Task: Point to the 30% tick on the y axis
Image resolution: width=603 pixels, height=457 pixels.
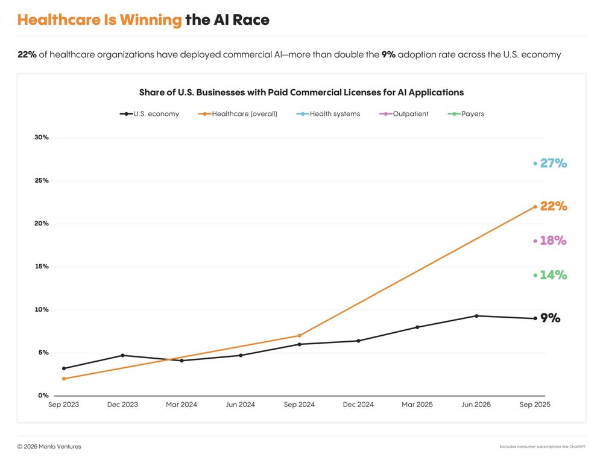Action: tap(42, 137)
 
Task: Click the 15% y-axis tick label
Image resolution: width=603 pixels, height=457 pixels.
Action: tap(42, 266)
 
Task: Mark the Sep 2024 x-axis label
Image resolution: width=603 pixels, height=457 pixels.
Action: tap(299, 405)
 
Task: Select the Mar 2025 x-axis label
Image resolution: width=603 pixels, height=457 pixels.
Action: tap(417, 405)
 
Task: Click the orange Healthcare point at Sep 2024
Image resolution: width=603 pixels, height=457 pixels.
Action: tap(299, 336)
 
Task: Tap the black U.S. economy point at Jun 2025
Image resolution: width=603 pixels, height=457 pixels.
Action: tap(476, 316)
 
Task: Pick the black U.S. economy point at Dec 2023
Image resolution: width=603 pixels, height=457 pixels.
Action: tap(122, 355)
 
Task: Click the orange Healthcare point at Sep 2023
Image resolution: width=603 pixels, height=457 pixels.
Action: tap(64, 379)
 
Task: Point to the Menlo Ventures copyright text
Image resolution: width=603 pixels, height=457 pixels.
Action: tap(49, 447)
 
